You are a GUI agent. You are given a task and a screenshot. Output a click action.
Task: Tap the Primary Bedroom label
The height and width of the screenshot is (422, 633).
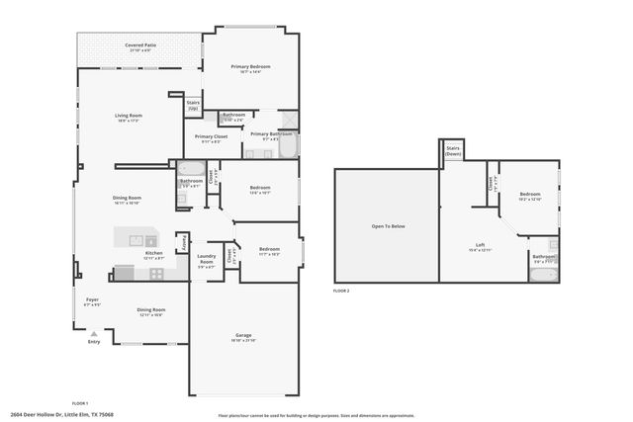pos(251,67)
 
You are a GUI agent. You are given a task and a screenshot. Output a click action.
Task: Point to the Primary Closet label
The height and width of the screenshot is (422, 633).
pos(211,137)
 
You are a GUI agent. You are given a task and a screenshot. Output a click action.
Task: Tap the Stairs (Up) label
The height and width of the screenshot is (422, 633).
pos(193,104)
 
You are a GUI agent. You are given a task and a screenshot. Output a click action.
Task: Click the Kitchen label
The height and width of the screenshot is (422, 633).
pos(154,253)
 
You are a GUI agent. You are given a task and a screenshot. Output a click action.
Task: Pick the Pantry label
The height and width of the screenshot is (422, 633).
pos(182,243)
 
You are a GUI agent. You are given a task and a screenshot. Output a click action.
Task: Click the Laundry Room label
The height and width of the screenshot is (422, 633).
pos(206,262)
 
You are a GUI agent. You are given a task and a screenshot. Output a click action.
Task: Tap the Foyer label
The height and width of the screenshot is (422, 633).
pos(92,299)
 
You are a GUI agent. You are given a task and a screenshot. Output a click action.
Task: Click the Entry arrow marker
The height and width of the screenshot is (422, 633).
pos(94,334)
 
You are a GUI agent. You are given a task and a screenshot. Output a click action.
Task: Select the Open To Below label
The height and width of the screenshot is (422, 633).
pos(388,226)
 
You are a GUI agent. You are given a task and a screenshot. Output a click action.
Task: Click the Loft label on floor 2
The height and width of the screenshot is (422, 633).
pos(480,245)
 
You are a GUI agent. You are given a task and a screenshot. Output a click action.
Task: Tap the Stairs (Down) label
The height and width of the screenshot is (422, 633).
pos(453,152)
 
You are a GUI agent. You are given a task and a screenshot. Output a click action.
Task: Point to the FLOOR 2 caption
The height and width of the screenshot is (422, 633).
pos(341,292)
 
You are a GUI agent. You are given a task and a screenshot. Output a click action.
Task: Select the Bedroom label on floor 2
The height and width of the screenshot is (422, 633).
pos(530,195)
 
